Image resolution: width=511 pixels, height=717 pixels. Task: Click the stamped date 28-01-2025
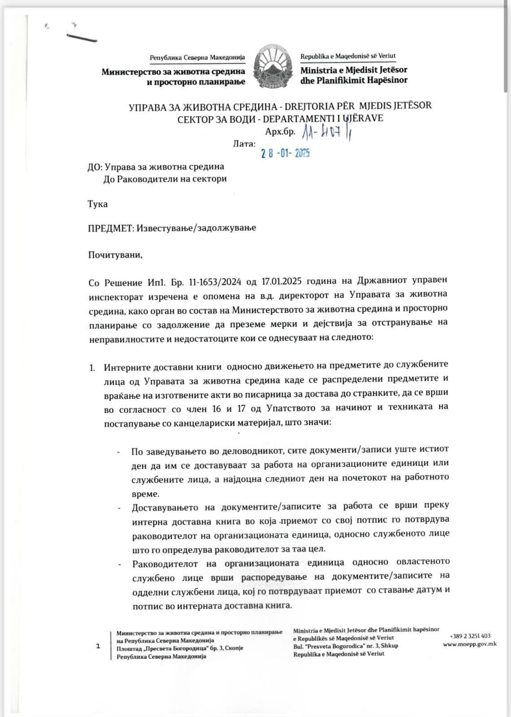[286, 153]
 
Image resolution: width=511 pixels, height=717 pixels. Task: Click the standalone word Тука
[98, 204]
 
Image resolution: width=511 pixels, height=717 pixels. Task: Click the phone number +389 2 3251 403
[470, 636]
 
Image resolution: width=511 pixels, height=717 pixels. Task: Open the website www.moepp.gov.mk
[469, 644]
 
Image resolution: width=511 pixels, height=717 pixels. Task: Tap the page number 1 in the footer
[98, 646]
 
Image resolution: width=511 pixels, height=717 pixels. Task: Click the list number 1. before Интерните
[92, 368]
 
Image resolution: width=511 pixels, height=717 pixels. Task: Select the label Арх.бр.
[280, 131]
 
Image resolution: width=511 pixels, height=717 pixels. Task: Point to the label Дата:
[245, 144]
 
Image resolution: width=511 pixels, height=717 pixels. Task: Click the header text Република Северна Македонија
[197, 58]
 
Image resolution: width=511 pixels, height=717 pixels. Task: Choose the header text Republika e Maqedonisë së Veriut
[348, 57]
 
